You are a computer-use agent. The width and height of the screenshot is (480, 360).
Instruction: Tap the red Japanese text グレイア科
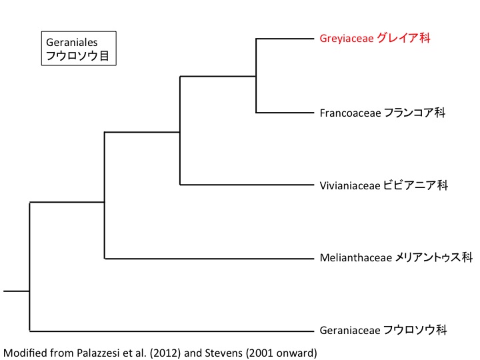(x=403, y=39)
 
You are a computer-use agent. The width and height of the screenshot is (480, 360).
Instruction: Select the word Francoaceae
(x=350, y=113)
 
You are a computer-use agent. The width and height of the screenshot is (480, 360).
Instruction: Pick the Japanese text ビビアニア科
(x=415, y=185)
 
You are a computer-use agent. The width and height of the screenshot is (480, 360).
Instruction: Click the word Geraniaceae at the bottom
(x=350, y=330)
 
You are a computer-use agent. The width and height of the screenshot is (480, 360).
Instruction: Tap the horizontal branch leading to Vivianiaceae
(x=247, y=185)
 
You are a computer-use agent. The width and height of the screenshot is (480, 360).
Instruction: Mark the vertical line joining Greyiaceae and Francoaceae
(x=257, y=75)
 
